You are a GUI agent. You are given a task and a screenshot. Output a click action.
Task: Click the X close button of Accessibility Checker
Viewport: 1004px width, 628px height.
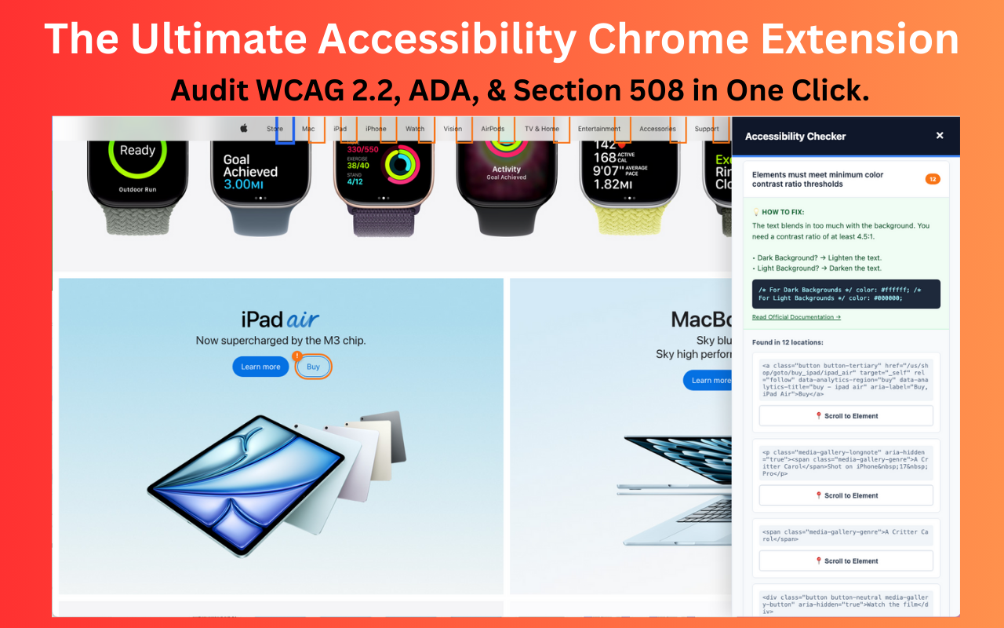pyautogui.click(x=940, y=136)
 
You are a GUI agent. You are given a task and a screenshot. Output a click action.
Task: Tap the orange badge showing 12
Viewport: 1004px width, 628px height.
pyautogui.click(x=933, y=179)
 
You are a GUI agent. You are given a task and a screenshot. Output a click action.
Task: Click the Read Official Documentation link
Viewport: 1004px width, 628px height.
pyautogui.click(x=796, y=317)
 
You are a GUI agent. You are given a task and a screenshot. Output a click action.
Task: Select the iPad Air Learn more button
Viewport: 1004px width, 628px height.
pyautogui.click(x=260, y=367)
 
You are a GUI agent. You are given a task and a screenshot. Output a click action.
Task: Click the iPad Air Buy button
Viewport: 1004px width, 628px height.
pyautogui.click(x=314, y=367)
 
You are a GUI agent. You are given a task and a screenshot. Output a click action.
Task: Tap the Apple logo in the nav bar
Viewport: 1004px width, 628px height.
pyautogui.click(x=244, y=129)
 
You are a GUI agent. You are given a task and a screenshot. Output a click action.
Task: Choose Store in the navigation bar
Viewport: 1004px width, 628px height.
pyautogui.click(x=275, y=129)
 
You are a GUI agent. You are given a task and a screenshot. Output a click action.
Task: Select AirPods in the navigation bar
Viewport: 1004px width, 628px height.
pyautogui.click(x=493, y=129)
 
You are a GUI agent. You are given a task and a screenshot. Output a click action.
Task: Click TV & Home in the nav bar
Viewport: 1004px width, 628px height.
pyautogui.click(x=542, y=129)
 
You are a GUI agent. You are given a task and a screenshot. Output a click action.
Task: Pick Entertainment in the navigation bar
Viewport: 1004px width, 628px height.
pyautogui.click(x=599, y=129)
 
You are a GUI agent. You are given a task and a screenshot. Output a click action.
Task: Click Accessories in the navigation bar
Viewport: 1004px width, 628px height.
pyautogui.click(x=657, y=129)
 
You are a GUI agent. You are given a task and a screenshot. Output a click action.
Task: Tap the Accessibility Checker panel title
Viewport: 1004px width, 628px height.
pyautogui.click(x=795, y=137)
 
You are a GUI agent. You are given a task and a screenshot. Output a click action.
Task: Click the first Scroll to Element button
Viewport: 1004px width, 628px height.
pyautogui.click(x=846, y=416)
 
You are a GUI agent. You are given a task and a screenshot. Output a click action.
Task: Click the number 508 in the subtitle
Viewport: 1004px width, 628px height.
pyautogui.click(x=657, y=91)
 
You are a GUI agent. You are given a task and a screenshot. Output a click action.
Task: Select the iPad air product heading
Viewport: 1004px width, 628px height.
pyautogui.click(x=280, y=319)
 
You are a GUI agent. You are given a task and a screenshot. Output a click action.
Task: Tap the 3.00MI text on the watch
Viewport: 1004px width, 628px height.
pyautogui.click(x=247, y=184)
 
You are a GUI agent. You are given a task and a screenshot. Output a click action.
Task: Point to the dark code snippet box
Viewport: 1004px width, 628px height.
pyautogui.click(x=846, y=294)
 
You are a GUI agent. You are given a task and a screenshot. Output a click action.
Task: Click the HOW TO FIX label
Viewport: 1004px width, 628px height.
pyautogui.click(x=782, y=212)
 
